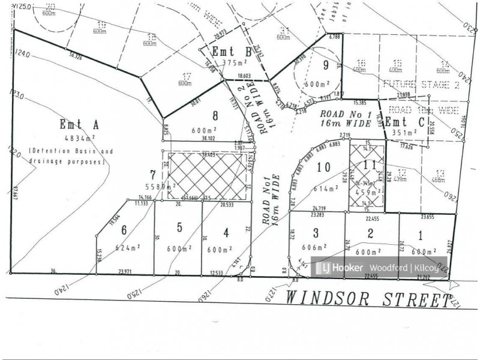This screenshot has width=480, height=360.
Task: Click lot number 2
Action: coord(371,233)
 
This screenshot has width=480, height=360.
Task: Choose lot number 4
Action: coord(226,233)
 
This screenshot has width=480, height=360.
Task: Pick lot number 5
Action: coord(179,228)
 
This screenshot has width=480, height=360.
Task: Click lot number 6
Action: coord(124,230)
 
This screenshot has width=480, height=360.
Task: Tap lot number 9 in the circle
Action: coord(326,66)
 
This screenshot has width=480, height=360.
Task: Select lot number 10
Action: coord(324,168)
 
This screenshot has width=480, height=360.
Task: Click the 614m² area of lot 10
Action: coord(324,188)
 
